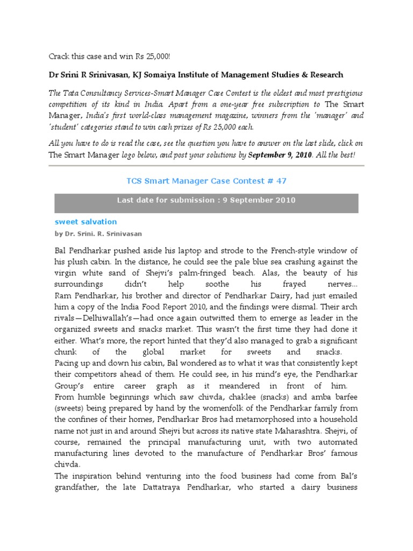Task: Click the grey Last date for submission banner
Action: (x=206, y=200)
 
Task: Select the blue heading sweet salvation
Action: (x=86, y=222)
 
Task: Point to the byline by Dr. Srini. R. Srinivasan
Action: (x=98, y=234)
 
